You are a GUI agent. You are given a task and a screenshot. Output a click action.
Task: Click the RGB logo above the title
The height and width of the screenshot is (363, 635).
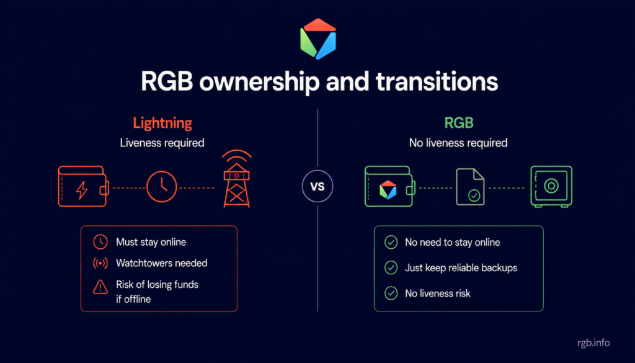pos(318,39)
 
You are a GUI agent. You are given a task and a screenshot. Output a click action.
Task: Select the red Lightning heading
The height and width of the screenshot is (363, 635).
pos(162,123)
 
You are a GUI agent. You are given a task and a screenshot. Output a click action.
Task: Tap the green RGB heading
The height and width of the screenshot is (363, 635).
pos(459,123)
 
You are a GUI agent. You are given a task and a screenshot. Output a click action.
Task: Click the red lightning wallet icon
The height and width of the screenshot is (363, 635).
pos(84,186)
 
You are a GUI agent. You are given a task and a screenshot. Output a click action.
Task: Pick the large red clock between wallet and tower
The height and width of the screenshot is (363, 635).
pos(162,187)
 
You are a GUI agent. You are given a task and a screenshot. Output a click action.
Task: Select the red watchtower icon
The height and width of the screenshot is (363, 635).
pos(236,179)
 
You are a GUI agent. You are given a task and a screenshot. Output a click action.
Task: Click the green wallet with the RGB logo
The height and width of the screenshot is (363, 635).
pos(390,186)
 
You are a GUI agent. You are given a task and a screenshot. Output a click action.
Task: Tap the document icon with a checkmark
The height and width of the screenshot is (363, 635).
pos(470,187)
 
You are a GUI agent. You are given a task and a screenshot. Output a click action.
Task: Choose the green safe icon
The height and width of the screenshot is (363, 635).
pos(551,186)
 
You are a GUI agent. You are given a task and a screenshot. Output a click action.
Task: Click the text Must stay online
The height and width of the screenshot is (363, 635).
pos(151,242)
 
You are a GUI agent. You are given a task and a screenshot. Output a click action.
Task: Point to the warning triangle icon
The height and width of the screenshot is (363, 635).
pos(100,287)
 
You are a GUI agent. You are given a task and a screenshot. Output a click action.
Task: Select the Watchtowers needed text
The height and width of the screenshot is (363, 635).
pos(162,263)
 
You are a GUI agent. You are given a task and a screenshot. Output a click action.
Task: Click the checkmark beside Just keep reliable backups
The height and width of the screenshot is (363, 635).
pos(391,268)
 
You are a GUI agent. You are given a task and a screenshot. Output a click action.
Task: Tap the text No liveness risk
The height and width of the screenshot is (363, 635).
pos(438,294)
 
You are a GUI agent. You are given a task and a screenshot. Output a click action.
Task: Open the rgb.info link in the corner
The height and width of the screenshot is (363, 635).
pos(593,343)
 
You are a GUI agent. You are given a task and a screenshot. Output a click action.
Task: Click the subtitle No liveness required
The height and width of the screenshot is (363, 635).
pos(458,143)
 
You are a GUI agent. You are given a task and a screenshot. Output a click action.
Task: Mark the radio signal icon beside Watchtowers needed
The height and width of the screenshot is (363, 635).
pos(100,263)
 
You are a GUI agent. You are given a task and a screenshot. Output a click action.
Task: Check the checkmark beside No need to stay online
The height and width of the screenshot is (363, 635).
pos(391,242)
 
